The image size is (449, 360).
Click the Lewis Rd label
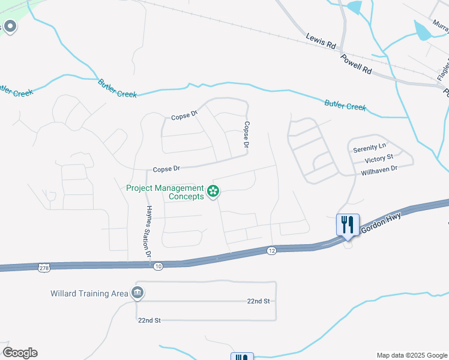(321, 41)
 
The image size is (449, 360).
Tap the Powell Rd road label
(356, 63)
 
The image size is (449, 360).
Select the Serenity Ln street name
(370, 148)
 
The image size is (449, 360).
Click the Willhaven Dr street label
(379, 170)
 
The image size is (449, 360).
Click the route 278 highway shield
(43, 266)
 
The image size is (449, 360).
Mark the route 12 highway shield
(271, 250)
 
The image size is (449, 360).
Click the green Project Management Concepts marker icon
(212, 192)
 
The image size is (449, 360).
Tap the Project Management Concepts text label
(165, 192)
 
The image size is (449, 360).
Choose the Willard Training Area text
(89, 293)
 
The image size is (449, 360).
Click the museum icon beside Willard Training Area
(137, 293)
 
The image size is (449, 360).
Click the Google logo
(20, 353)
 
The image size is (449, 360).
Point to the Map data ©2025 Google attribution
(411, 355)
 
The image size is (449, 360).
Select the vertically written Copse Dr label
(246, 135)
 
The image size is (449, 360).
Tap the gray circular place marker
(9, 26)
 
